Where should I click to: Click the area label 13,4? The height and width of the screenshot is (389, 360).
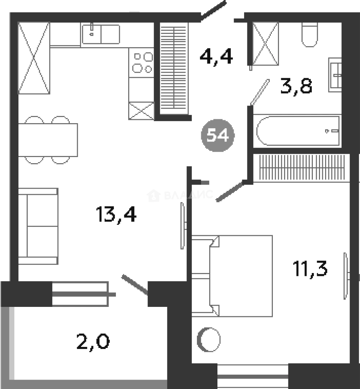116,215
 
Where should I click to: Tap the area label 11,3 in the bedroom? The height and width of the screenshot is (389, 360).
310,269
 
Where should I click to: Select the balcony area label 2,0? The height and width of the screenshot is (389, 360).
93,342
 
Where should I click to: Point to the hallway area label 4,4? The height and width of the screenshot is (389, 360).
216,57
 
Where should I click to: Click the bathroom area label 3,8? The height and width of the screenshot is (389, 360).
296,86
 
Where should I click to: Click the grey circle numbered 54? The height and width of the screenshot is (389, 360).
218,135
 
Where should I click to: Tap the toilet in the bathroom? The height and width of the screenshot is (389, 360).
310,35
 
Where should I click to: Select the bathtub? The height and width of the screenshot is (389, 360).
297,130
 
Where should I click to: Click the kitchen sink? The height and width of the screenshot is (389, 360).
101,34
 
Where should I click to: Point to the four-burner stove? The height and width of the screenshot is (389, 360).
141,63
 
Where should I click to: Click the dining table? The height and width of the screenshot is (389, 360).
48,140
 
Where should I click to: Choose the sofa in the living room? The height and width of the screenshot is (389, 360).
38,226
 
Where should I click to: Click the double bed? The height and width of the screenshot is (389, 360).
232,276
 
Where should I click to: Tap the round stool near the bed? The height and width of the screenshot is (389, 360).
209,340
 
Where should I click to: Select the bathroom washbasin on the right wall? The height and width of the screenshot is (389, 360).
335,75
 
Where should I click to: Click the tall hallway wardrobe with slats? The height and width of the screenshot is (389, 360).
174,69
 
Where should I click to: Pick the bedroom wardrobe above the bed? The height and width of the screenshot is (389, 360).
301,167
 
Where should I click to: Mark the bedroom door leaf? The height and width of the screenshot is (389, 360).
229,191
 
